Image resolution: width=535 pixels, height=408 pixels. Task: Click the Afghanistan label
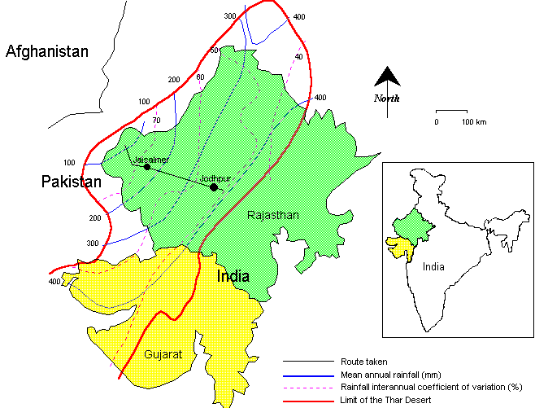(x=46, y=52)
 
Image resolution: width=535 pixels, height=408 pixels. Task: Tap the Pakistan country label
(x=72, y=182)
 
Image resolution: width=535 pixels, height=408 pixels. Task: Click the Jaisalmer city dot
(x=147, y=167)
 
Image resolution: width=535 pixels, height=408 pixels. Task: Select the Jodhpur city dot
(x=213, y=187)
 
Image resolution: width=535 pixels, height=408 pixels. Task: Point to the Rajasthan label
(x=274, y=216)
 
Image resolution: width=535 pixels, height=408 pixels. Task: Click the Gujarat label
(x=163, y=354)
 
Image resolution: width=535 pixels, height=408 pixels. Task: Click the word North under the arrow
(x=387, y=99)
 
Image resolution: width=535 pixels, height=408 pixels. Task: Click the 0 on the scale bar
(x=436, y=121)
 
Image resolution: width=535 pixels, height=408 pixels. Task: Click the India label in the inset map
(x=433, y=266)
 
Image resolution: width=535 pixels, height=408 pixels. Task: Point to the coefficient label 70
(x=156, y=121)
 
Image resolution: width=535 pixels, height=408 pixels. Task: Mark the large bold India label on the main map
(x=233, y=277)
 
